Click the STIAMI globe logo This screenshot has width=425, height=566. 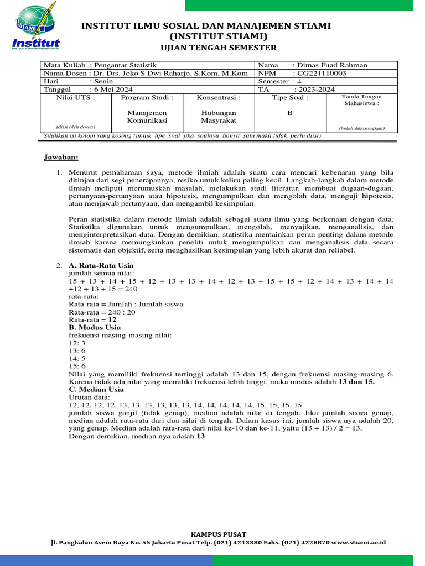click(x=35, y=22)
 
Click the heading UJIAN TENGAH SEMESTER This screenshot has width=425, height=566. click(x=219, y=48)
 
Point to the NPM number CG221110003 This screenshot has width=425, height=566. click(x=321, y=73)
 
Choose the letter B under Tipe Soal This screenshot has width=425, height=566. click(x=290, y=112)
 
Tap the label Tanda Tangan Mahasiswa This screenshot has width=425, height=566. click(x=362, y=100)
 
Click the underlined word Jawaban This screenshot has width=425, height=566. click(x=61, y=158)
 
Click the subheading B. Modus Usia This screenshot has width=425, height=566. click(x=95, y=327)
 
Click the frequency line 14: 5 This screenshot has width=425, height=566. click(x=77, y=358)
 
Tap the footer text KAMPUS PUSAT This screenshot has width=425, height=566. click(x=212, y=534)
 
